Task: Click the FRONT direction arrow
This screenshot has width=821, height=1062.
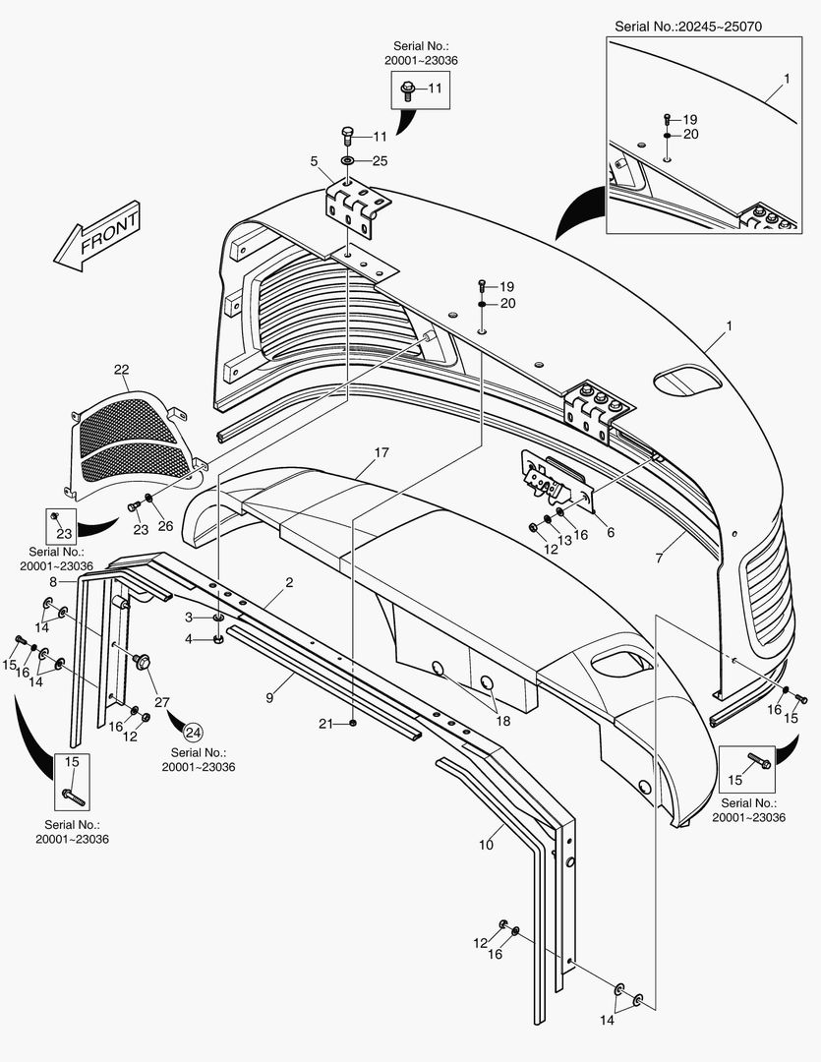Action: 97,236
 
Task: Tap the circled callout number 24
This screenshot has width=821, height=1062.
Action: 193,733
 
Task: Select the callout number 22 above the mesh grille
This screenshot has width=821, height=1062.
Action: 121,370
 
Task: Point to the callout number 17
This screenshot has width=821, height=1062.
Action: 381,451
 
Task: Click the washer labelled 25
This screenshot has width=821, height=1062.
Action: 347,161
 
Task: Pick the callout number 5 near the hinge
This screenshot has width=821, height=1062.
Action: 314,161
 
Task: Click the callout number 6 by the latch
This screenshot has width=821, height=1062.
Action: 611,532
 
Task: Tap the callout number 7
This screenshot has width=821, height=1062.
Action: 659,559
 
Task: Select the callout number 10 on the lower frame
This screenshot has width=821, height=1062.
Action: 486,845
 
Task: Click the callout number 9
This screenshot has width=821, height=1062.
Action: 269,697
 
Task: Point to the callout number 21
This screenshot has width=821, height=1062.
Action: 325,724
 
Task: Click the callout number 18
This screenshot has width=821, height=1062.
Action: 502,721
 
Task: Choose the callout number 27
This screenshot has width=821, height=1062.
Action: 161,702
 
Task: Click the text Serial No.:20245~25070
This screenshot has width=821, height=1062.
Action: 687,27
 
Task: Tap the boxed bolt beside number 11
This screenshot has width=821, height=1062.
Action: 408,90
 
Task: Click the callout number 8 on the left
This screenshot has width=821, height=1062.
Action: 53,581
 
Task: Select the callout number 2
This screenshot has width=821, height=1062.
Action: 289,582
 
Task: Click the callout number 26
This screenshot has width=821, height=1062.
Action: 165,526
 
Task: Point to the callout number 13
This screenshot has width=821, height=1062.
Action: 564,541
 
